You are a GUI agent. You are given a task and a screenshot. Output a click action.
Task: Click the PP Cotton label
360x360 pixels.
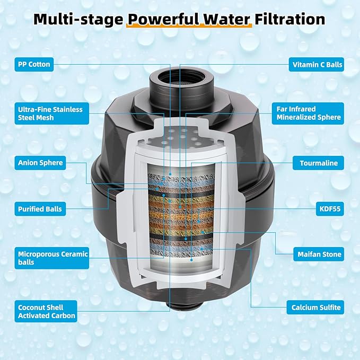coord(34,64)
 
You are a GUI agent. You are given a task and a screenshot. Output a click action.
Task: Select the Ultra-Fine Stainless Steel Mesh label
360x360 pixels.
coord(51,113)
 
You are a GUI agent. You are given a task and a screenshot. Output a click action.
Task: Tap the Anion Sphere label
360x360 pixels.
coord(40,163)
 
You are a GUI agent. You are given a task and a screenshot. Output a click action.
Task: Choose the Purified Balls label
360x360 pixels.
coord(40,209)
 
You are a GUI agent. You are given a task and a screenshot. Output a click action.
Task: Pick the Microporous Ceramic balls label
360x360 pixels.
coord(51,258)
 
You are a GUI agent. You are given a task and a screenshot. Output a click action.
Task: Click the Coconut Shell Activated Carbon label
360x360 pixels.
coord(46,311)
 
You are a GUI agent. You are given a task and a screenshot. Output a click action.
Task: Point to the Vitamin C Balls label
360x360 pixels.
coord(317,65)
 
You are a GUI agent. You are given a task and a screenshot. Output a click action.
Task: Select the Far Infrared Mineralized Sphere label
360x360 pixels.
coord(308,113)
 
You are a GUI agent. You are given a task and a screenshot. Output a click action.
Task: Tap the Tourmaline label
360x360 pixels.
coord(318,163)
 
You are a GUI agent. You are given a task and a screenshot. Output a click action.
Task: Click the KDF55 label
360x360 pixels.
coord(330,209)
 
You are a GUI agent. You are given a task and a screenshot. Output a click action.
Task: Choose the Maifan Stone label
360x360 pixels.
coord(319,254)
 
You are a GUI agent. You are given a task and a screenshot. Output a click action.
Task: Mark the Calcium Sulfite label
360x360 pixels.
coord(315,308)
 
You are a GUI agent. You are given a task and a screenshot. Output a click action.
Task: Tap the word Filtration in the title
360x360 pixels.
coord(289,19)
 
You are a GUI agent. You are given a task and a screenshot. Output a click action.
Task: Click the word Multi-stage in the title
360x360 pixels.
coord(78,20)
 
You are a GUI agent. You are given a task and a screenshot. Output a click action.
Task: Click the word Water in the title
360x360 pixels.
coord(226,19)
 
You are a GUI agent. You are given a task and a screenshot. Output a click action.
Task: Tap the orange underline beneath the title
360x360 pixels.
coord(189,26)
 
